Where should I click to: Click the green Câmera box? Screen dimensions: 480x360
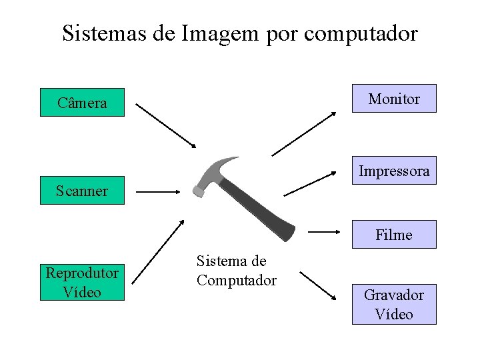(82, 103)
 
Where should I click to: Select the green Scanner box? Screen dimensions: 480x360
(82, 191)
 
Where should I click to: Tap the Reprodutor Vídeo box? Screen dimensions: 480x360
(82, 282)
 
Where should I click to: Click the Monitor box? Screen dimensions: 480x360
(394, 99)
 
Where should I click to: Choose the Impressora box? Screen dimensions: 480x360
(394, 171)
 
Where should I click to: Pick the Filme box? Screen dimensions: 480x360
(394, 235)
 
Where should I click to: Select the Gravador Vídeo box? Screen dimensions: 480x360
(394, 304)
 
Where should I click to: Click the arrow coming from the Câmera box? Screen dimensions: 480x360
(166, 125)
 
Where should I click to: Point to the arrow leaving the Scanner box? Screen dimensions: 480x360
(159, 191)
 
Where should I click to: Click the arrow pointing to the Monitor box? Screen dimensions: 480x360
(304, 133)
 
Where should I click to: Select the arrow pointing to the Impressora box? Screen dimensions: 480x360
(310, 184)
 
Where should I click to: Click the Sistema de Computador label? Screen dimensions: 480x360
(236, 271)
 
